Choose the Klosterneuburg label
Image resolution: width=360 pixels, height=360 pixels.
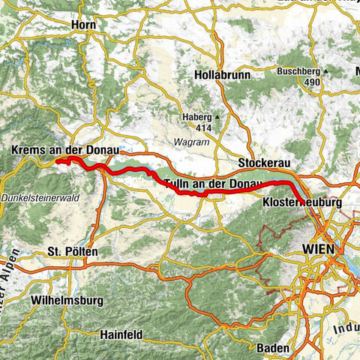point(303,202)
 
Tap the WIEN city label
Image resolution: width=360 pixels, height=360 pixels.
point(320,248)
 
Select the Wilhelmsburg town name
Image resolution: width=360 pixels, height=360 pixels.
point(63,299)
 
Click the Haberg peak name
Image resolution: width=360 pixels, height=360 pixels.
point(196,117)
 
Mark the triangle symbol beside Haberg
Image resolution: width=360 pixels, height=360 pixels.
point(217,118)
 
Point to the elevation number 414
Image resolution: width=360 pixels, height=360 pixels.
point(196,127)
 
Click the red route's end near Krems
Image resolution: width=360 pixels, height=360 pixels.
point(58,160)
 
